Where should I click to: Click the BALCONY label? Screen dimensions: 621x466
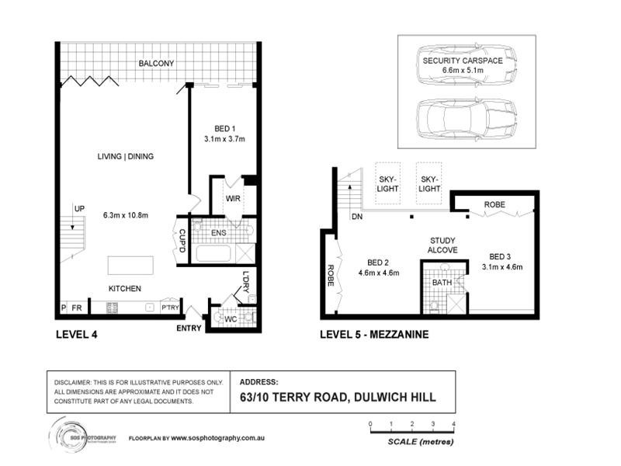coord(156,64)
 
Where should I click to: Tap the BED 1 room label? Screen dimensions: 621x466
coord(224,129)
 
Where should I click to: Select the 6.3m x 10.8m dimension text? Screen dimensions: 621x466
coord(126,216)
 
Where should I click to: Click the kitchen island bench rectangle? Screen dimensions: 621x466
coord(130,266)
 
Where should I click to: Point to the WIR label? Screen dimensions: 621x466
coord(233,199)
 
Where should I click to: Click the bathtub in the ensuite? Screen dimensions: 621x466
coord(213,254)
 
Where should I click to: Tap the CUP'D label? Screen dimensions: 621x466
coord(182,241)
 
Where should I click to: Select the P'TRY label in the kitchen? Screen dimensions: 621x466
coord(170,308)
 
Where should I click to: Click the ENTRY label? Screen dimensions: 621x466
coord(189,328)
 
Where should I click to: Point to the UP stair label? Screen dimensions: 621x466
coord(79,208)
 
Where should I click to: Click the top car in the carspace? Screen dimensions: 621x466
coord(467,65)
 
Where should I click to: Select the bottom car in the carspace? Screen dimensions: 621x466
coord(467,119)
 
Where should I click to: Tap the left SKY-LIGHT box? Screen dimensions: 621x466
coord(387,183)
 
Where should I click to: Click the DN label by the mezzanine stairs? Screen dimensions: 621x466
coord(357,217)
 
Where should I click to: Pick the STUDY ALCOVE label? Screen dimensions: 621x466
coord(442,245)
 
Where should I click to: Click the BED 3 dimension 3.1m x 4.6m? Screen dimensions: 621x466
coord(502,267)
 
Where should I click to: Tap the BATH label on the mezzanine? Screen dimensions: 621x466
coord(442,283)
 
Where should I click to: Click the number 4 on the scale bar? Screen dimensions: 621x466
coord(453,424)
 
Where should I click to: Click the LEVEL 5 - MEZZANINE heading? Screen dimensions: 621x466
coord(374,335)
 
